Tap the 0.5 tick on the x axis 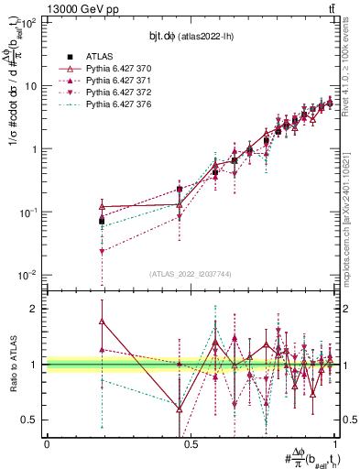pyautogui.click(x=191, y=443)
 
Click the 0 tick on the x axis pyautogui.click(x=47, y=443)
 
